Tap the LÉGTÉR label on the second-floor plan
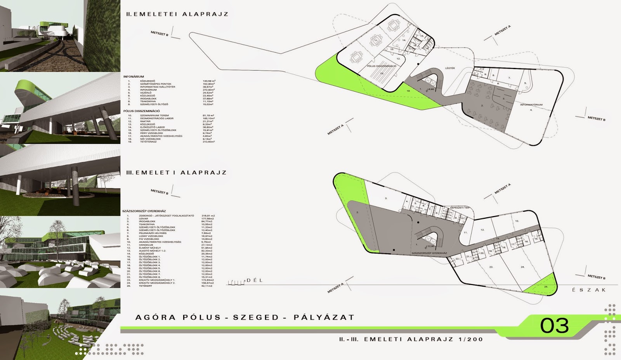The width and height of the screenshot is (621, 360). [449, 68]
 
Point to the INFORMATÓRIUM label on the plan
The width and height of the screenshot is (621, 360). [531, 105]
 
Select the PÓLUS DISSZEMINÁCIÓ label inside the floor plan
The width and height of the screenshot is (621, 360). [382, 66]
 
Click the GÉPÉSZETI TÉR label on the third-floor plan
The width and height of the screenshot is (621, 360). [460, 208]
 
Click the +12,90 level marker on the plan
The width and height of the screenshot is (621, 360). [430, 246]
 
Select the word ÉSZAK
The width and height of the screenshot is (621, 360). [589, 290]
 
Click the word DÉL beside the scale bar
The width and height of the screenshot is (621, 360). [255, 280]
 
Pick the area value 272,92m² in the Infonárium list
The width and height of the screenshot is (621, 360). [208, 90]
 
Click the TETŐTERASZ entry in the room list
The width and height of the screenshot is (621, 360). [148, 142]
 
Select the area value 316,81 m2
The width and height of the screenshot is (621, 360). [208, 216]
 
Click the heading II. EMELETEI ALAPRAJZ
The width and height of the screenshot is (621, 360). [177, 14]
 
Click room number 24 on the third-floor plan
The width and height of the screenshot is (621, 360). [522, 267]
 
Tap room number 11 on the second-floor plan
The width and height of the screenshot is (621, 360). [376, 40]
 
